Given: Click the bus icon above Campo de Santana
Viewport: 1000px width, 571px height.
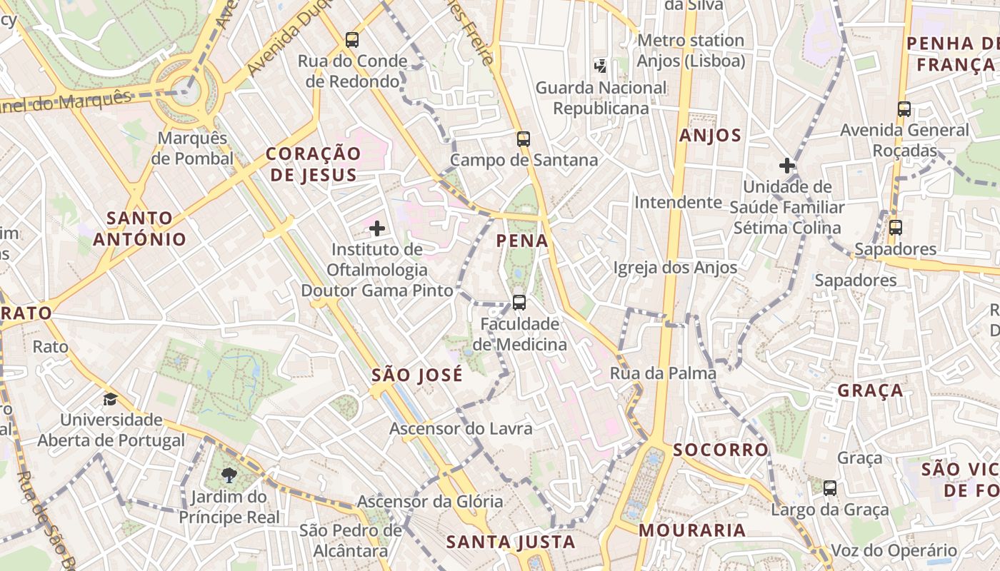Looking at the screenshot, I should [524, 139].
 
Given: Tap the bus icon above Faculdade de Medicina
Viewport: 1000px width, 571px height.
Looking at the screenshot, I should [519, 303].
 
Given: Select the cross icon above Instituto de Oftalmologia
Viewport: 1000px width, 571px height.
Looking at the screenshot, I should [377, 228].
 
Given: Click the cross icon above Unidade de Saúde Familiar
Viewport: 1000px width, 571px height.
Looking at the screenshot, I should [787, 166].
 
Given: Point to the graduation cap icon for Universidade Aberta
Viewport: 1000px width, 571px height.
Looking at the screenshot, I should [110, 399].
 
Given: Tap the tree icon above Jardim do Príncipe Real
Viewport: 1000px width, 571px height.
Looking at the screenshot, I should [229, 475].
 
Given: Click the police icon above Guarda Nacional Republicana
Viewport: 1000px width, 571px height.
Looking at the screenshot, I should [601, 66].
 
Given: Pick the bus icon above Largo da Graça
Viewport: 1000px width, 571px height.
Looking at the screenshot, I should [830, 489].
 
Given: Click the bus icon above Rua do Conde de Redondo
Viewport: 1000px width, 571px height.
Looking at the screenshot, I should [351, 40].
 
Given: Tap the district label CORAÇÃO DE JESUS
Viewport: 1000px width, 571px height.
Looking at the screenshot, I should [314, 164].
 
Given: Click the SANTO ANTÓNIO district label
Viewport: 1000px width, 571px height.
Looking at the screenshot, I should [139, 228].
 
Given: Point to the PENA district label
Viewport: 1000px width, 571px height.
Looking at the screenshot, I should [522, 241].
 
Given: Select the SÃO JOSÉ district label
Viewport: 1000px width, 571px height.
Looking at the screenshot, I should [417, 375].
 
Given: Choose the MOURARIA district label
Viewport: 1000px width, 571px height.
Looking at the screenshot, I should [692, 530].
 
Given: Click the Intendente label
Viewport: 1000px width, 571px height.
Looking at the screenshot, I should [679, 203].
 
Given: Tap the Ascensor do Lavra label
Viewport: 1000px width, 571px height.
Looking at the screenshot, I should [461, 429].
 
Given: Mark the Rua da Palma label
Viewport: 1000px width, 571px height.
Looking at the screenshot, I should [663, 373].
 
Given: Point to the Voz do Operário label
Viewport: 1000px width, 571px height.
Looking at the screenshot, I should [894, 551].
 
